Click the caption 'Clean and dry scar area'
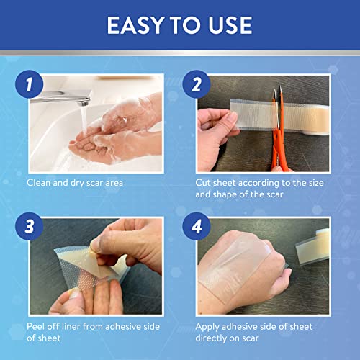point(76,182)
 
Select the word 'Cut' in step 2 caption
point(204,182)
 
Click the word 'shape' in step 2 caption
point(233,194)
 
